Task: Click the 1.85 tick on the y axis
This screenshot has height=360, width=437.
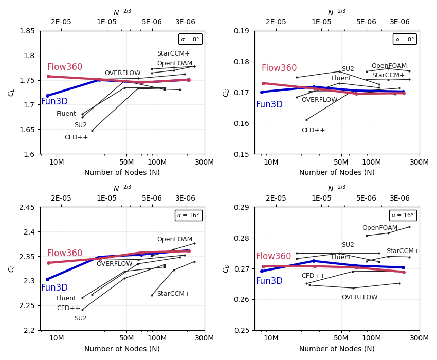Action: click(27, 31)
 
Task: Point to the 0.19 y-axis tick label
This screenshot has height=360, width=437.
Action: click(242, 31)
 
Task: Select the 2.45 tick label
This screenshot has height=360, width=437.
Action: click(27, 207)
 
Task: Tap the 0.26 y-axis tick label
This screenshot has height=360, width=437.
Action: click(242, 299)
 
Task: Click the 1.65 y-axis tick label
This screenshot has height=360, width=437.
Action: click(27, 130)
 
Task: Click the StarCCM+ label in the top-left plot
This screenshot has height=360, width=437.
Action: click(173, 53)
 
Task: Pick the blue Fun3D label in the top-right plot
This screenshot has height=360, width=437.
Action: click(269, 104)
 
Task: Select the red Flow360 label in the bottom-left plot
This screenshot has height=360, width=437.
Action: click(65, 254)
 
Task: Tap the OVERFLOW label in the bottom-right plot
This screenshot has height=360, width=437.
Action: click(359, 297)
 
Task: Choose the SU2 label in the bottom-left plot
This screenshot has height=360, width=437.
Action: click(81, 318)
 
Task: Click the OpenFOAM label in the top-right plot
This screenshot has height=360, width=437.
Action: click(389, 66)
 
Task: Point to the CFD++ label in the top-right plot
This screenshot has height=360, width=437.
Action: click(313, 130)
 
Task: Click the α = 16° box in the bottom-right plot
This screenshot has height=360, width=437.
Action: click(403, 215)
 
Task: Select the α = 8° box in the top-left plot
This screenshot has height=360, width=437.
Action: click(190, 39)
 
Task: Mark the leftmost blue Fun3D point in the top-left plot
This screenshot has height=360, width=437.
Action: click(47, 96)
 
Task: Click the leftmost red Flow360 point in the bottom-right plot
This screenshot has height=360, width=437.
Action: click(263, 266)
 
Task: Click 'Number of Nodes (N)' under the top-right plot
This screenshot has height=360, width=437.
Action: click(337, 173)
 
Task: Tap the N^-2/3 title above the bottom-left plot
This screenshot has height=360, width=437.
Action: click(122, 189)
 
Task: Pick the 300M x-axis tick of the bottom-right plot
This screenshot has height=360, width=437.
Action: click(420, 337)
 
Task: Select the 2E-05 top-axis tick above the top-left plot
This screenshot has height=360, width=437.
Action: click(61, 22)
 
